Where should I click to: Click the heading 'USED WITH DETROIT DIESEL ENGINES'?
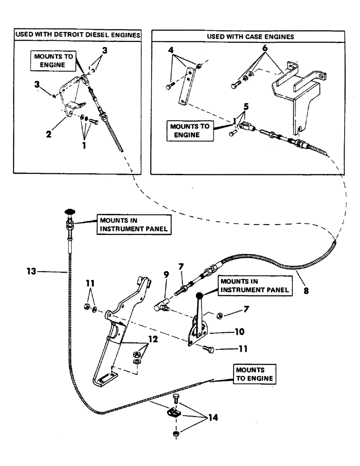pos(78,35)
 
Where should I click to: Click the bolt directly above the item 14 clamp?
pos(175,398)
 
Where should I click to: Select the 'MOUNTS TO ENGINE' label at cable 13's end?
pos(252,373)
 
